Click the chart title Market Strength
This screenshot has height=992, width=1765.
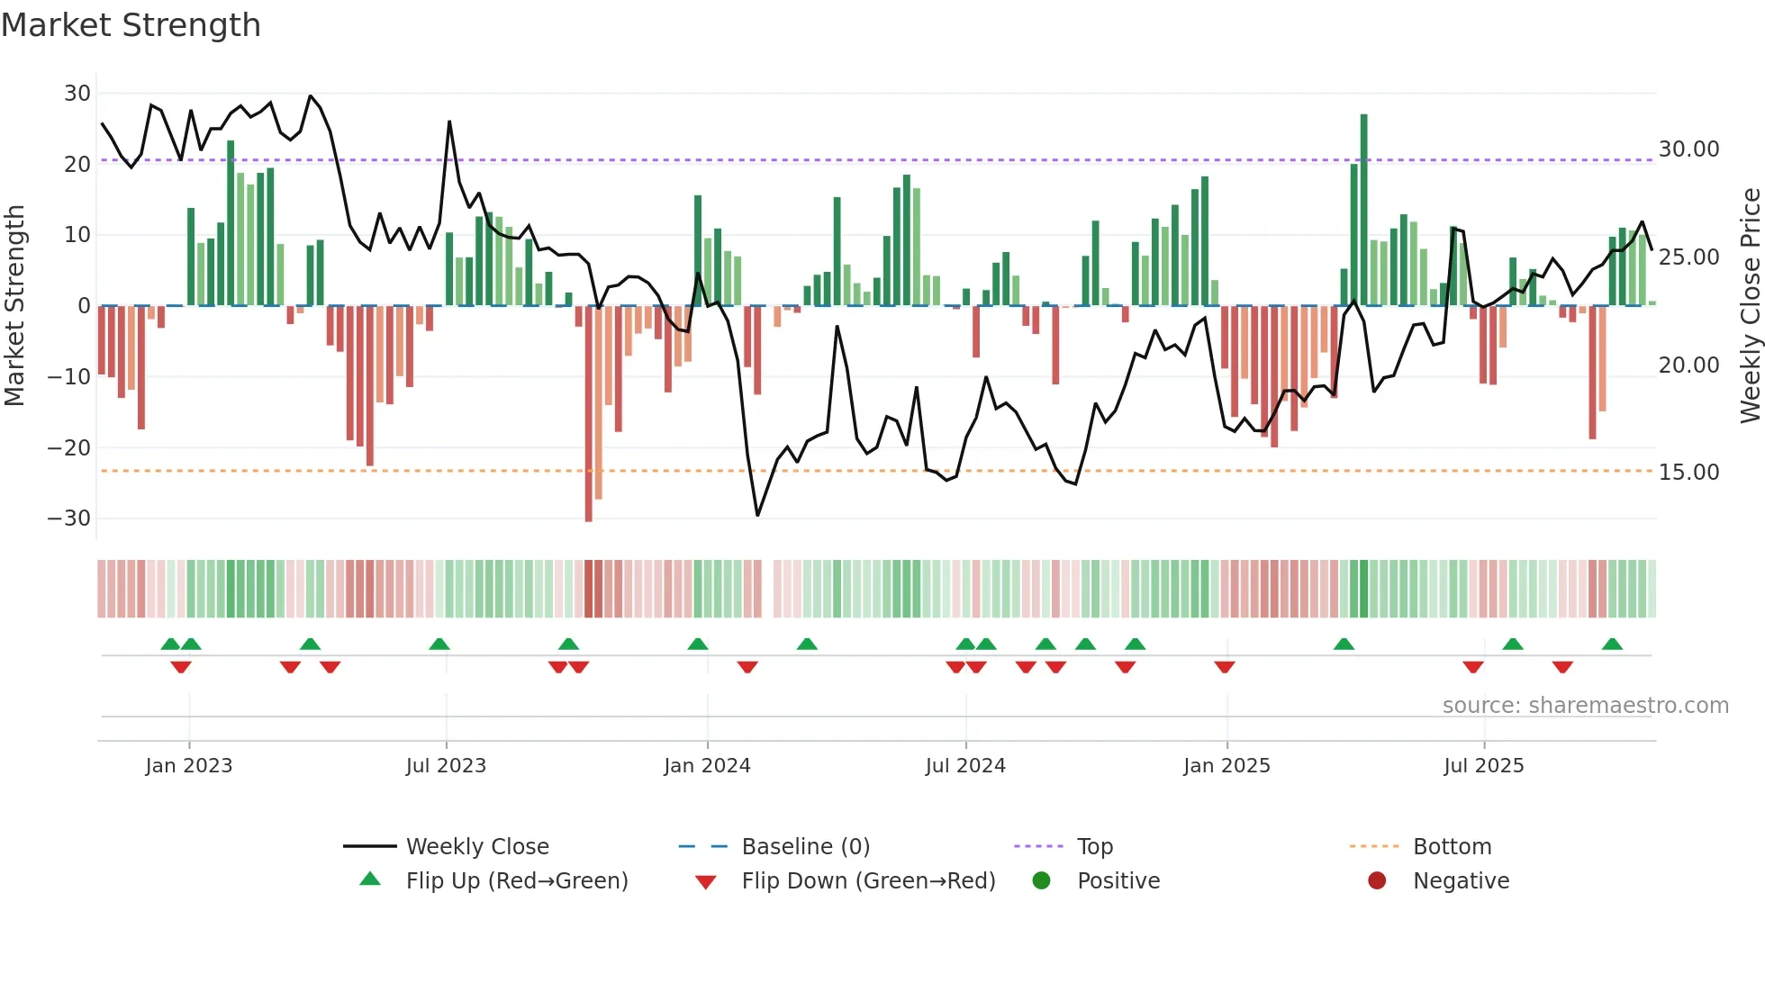[131, 25]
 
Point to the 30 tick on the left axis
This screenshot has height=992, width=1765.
[77, 94]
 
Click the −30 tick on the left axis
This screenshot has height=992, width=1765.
[69, 519]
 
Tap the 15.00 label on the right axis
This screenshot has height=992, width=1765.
[1688, 473]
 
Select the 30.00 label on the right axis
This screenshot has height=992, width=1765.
[1688, 149]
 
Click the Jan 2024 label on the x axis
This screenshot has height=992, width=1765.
[707, 766]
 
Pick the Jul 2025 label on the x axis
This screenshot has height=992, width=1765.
[1483, 766]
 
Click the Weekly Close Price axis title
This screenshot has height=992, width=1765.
[1750, 306]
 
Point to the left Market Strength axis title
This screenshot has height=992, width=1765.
[15, 306]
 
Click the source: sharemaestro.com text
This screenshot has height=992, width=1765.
[1585, 706]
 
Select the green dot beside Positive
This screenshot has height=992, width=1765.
[1042, 881]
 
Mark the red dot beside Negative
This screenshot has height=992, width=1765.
[1377, 881]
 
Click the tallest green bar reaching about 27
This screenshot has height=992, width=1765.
[1363, 210]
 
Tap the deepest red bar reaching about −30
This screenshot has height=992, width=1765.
[589, 414]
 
